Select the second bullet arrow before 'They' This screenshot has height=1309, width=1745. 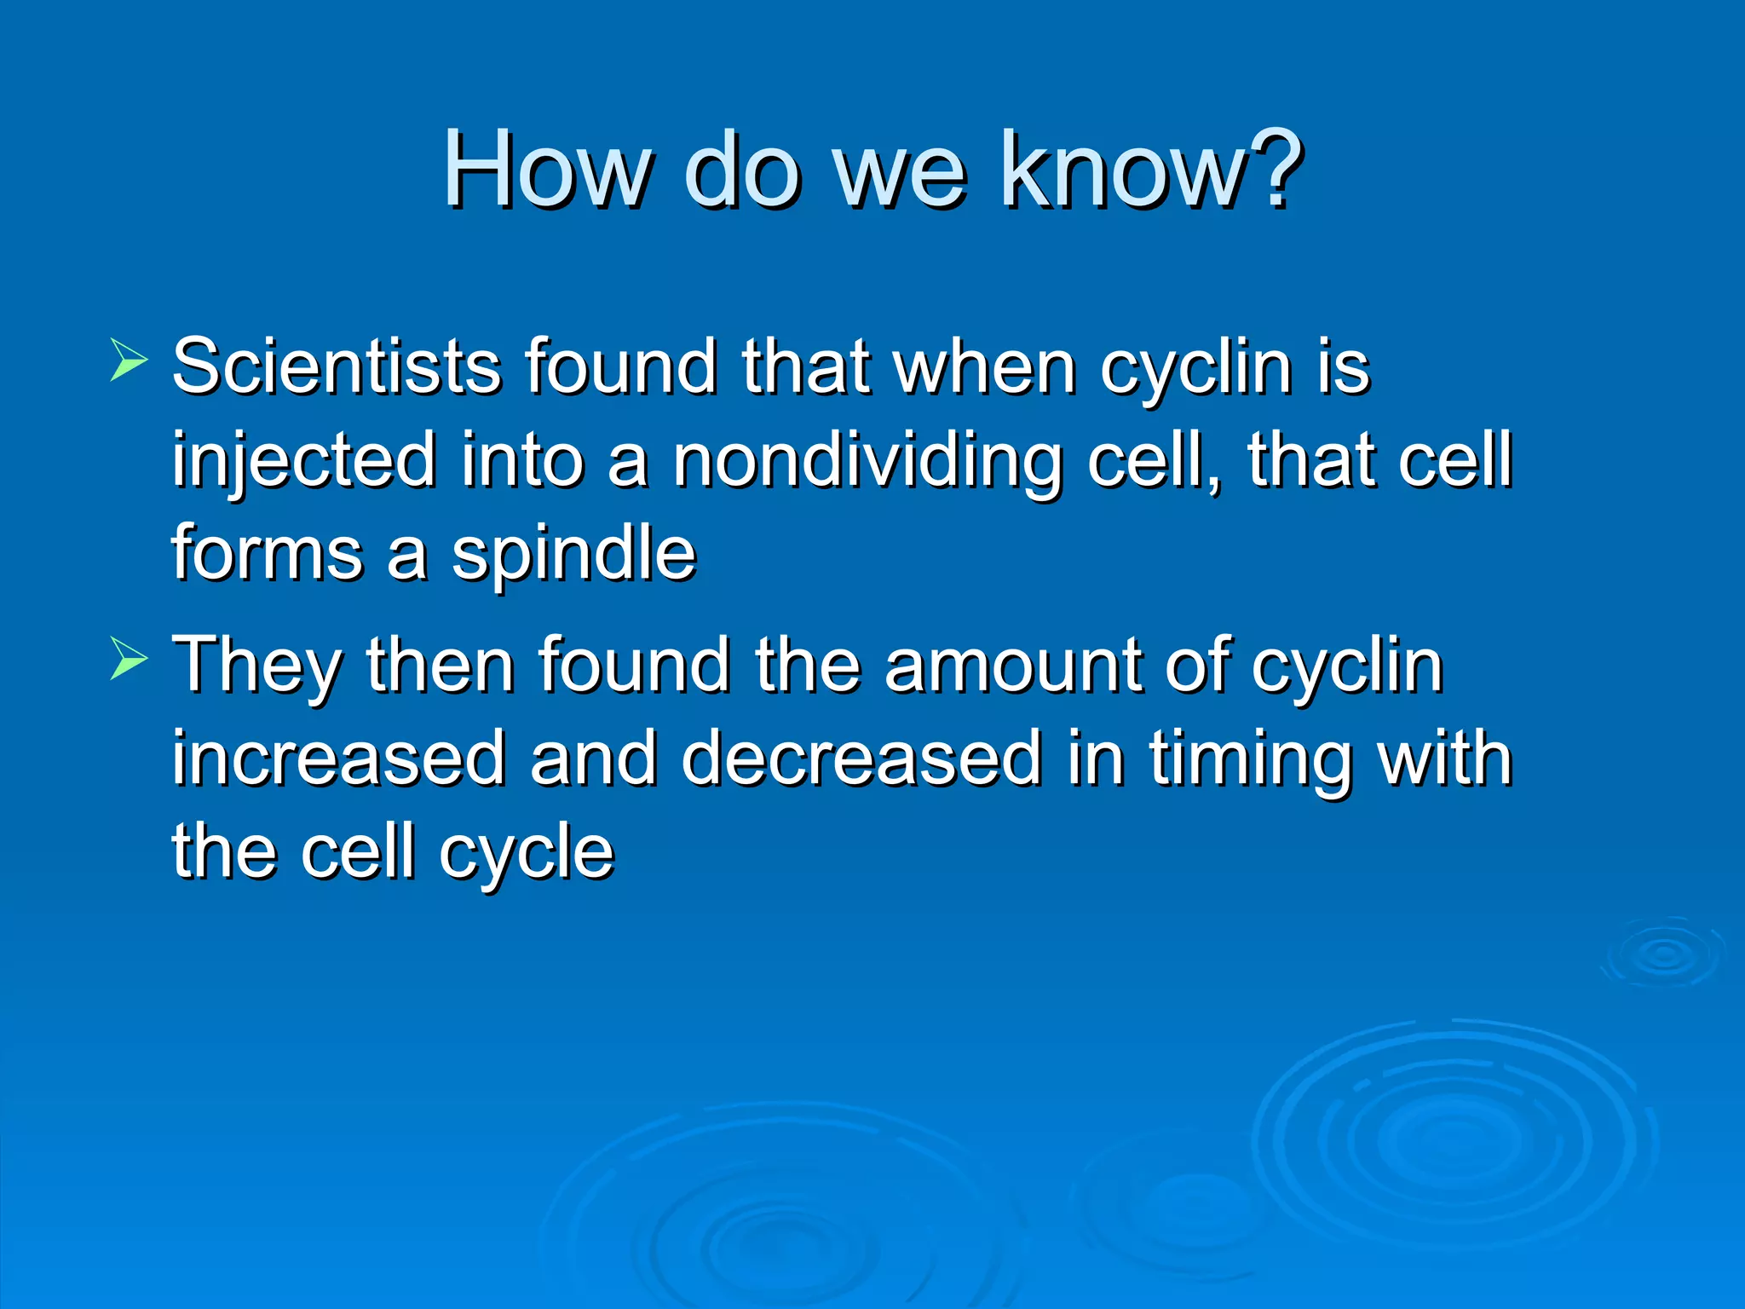point(129,659)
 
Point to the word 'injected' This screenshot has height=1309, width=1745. point(304,461)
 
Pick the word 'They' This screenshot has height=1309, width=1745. point(256,666)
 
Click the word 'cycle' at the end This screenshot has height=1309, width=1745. point(526,853)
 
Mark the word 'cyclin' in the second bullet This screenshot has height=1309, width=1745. point(1347,666)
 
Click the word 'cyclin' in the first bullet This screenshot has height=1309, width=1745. point(1196,368)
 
